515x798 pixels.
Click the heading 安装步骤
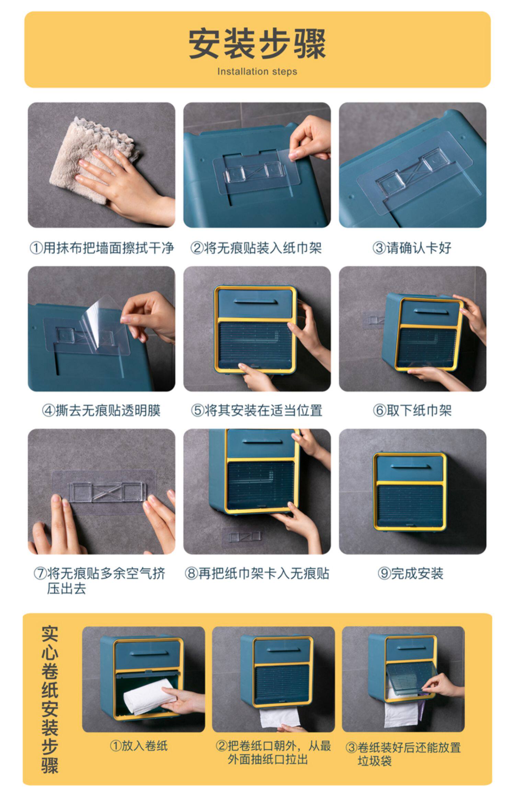point(257,44)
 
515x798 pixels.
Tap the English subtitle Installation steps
point(257,71)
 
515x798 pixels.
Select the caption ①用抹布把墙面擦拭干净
point(102,248)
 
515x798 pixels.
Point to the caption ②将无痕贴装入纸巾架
point(256,248)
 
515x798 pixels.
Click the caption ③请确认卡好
point(412,248)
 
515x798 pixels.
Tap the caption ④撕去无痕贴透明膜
point(101,410)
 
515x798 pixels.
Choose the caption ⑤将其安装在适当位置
point(256,410)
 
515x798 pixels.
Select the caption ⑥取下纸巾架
point(412,410)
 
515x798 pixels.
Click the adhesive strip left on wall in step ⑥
point(374,320)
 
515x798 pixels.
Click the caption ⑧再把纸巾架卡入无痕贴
point(257,573)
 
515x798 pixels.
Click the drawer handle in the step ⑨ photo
point(411,467)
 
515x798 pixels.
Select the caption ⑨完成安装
point(411,573)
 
